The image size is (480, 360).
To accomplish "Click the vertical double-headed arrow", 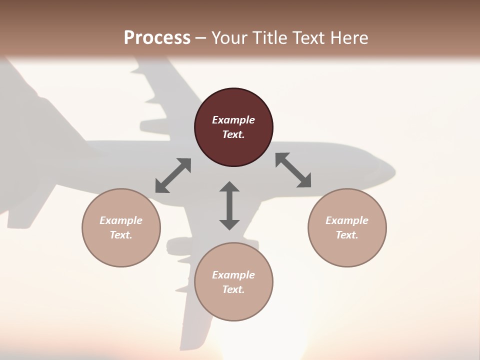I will click(x=229, y=205).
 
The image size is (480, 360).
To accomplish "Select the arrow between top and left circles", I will click(x=173, y=175).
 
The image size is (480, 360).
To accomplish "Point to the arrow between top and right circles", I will click(x=293, y=170).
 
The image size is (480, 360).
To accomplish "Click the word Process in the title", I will click(x=157, y=37).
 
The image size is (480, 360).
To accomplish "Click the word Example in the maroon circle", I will click(x=233, y=120).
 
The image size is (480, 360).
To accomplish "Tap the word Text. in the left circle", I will click(x=121, y=235).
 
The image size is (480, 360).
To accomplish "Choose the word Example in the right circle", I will click(x=347, y=220).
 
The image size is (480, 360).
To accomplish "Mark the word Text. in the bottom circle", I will click(x=233, y=289).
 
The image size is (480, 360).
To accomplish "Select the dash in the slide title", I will click(x=201, y=37).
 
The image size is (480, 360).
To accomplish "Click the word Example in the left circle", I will click(x=121, y=220).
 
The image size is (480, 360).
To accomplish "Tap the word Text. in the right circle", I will click(x=347, y=235).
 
